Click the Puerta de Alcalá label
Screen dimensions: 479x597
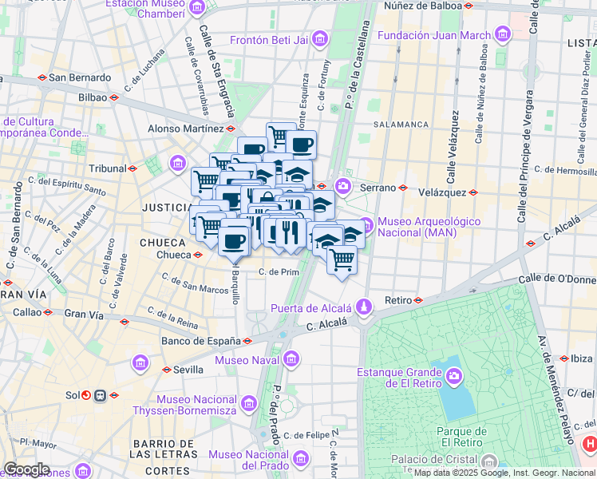(311, 308)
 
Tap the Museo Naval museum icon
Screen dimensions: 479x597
(292, 360)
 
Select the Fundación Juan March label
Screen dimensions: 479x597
(434, 35)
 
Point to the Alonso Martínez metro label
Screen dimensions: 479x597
(185, 128)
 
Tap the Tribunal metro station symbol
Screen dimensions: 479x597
(132, 168)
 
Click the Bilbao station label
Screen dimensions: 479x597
(92, 97)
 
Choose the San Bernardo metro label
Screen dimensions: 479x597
(80, 77)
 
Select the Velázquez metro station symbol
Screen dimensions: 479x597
(473, 192)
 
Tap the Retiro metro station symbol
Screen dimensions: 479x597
(418, 300)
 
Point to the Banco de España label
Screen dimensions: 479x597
(200, 341)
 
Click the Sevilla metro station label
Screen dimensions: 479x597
(188, 370)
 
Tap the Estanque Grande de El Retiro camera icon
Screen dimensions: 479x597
(453, 374)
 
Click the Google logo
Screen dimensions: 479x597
(26, 469)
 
